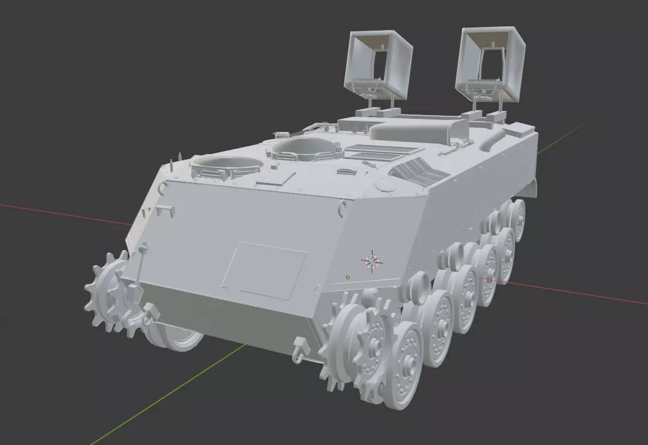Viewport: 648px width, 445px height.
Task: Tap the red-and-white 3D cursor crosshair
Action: point(372,260)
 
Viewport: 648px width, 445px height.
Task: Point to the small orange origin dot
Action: point(347,277)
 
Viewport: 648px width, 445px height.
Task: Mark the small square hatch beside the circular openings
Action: point(276,177)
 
